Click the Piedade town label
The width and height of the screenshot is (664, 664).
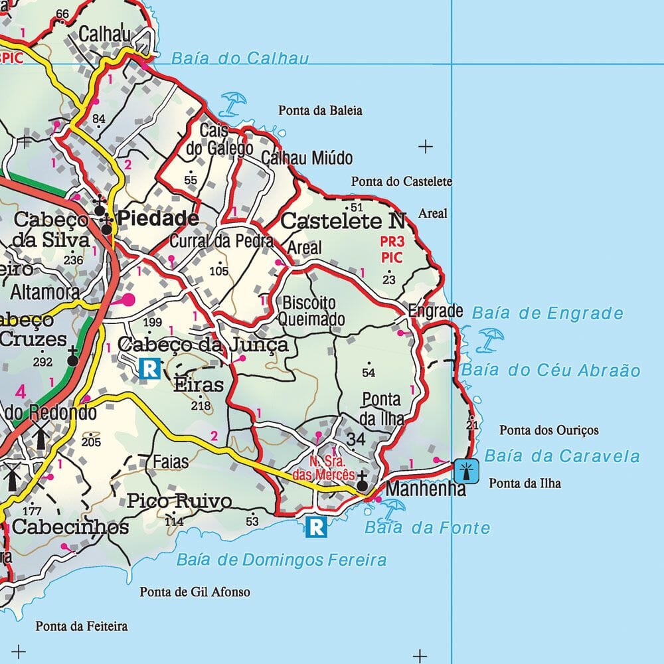pyautogui.click(x=158, y=219)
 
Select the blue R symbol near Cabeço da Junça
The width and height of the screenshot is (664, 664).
pyautogui.click(x=150, y=368)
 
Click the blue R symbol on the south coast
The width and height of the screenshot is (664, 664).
pyautogui.click(x=317, y=527)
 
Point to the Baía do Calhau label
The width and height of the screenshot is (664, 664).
pyautogui.click(x=240, y=58)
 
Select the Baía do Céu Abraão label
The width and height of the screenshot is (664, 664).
pyautogui.click(x=550, y=371)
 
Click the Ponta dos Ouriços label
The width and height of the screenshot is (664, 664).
pyautogui.click(x=548, y=430)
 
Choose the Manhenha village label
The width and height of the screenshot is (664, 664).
pyautogui.click(x=425, y=490)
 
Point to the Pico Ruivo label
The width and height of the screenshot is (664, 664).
pyautogui.click(x=179, y=501)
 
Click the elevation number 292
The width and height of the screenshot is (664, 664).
pyautogui.click(x=42, y=363)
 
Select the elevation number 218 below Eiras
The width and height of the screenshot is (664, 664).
pyautogui.click(x=200, y=406)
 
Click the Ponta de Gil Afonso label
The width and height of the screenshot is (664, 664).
pyautogui.click(x=195, y=592)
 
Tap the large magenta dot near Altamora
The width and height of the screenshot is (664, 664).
pyautogui.click(x=127, y=299)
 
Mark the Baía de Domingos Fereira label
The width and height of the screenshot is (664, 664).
pyautogui.click(x=281, y=560)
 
